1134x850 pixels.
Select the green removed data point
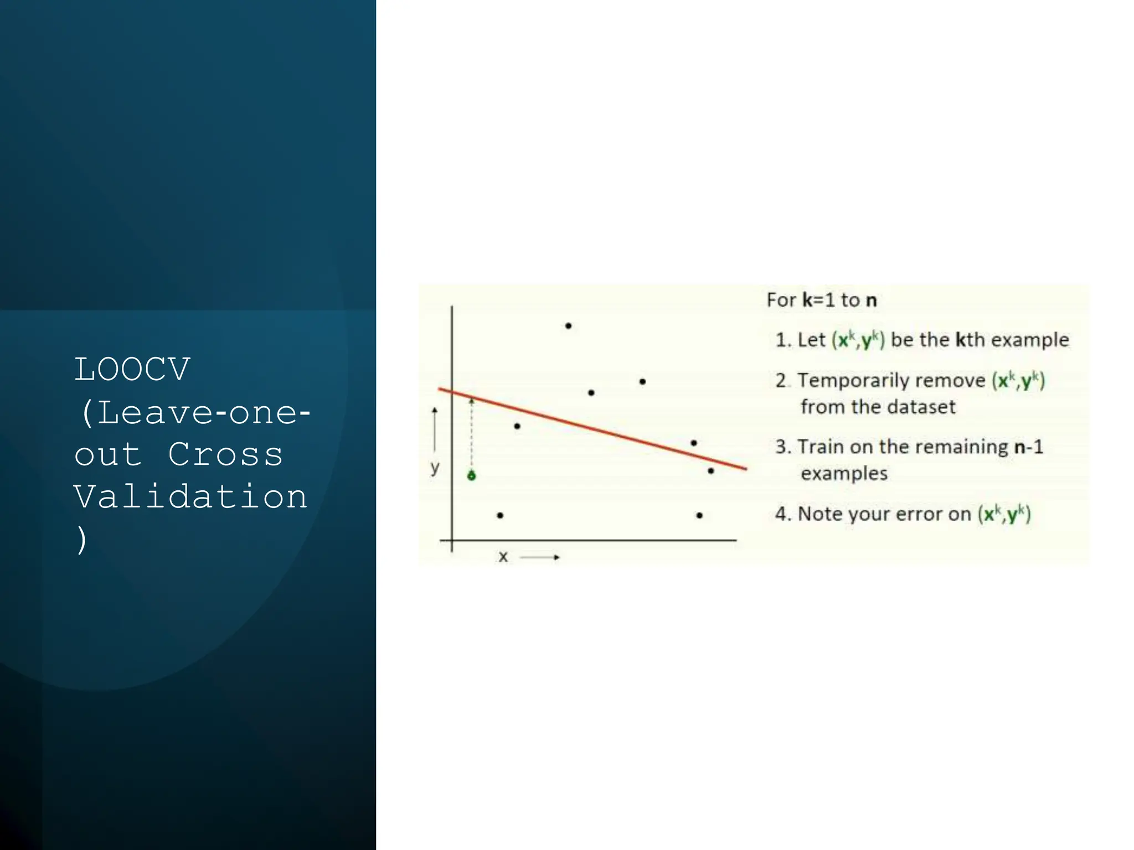point(471,475)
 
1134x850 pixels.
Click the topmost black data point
point(568,326)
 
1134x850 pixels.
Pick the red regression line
point(592,429)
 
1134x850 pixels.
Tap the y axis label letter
point(435,468)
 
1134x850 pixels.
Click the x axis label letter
point(503,557)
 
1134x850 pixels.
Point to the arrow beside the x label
point(540,557)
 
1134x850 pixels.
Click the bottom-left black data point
point(500,515)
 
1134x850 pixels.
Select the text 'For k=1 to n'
point(822,300)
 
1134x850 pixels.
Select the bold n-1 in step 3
point(1028,447)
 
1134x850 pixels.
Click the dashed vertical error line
point(472,437)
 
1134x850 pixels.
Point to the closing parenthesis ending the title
point(82,539)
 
